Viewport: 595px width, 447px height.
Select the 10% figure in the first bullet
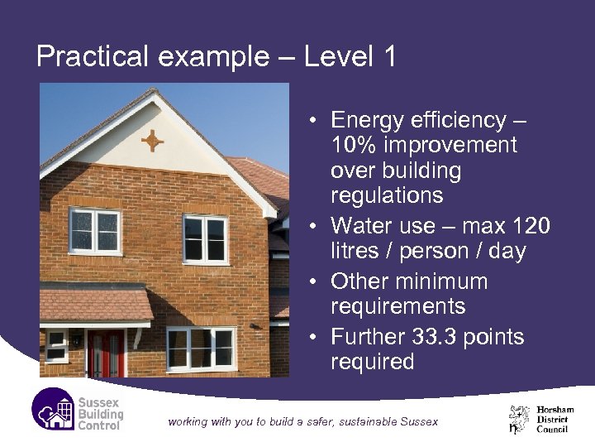click(x=355, y=146)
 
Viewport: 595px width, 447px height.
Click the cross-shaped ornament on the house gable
click(x=152, y=141)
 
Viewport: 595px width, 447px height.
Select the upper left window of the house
click(x=94, y=231)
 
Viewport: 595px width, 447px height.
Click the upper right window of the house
click(x=205, y=239)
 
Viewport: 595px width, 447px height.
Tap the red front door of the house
click(x=106, y=353)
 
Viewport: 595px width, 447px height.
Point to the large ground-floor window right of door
click(x=201, y=348)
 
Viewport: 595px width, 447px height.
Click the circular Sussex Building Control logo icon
click(x=53, y=411)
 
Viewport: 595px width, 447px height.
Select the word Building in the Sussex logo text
click(x=100, y=414)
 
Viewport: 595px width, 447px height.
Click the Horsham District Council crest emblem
click(x=520, y=419)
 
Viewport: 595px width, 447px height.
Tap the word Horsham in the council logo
click(x=555, y=409)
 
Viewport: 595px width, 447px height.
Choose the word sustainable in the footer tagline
click(x=361, y=421)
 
